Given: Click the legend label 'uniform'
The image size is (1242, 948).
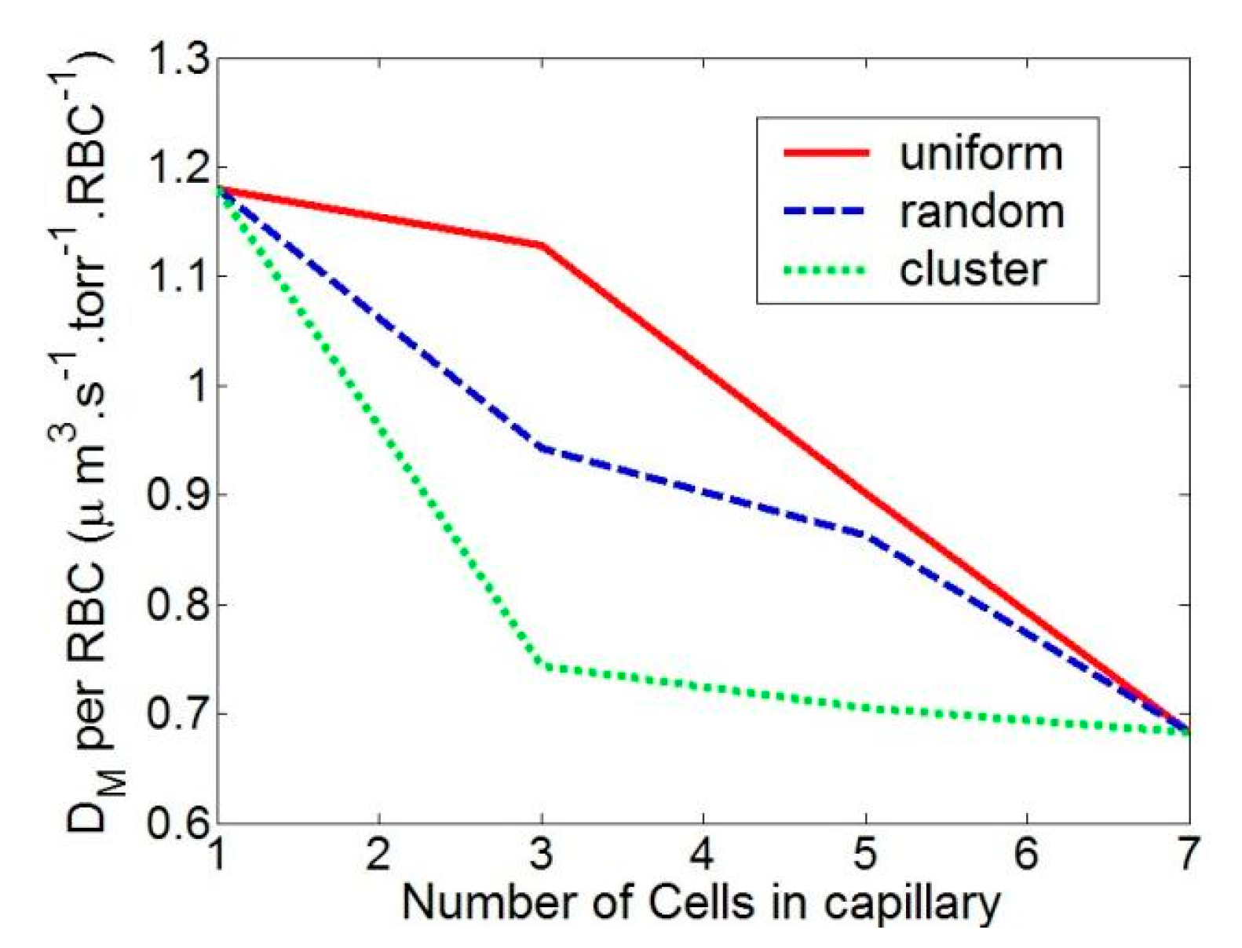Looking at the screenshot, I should (x=981, y=153).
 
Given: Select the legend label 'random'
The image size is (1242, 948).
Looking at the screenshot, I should (x=982, y=211).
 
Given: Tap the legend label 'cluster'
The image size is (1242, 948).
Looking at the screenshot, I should (x=972, y=269).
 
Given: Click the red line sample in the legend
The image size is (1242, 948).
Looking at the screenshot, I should (x=827, y=153).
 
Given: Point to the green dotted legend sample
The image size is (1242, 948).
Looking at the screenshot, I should (x=825, y=271).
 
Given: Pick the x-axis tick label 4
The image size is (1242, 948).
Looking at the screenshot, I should (x=702, y=854).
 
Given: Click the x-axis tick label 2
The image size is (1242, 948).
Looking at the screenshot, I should (x=378, y=854).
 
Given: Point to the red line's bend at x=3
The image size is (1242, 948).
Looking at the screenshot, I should (x=542, y=246).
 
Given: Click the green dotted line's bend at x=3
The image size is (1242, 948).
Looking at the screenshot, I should (x=542, y=666).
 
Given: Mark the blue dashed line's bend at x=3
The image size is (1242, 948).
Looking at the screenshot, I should (x=542, y=448).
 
